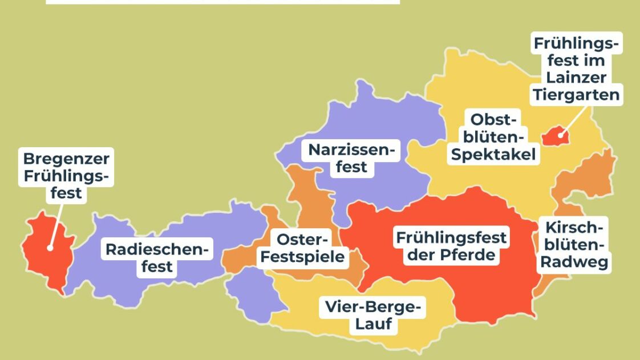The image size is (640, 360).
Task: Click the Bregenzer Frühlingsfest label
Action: (x=66, y=175)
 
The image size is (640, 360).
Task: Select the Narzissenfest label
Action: (x=351, y=159)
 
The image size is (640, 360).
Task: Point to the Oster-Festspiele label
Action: (x=303, y=248)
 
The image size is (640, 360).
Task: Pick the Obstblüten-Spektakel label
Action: (x=493, y=137)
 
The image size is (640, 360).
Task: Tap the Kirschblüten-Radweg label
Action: (x=574, y=245)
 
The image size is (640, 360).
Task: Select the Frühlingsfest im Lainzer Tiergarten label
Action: (x=576, y=68)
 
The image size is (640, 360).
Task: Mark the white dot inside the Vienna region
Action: (x=561, y=135)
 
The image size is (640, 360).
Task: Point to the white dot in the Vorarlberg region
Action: (x=50, y=248)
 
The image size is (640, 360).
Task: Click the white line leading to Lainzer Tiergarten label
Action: (x=573, y=120)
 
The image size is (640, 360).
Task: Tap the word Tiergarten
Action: (x=576, y=94)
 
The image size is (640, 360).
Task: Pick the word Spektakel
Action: (x=493, y=154)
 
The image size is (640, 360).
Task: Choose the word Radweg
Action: (x=574, y=262)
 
